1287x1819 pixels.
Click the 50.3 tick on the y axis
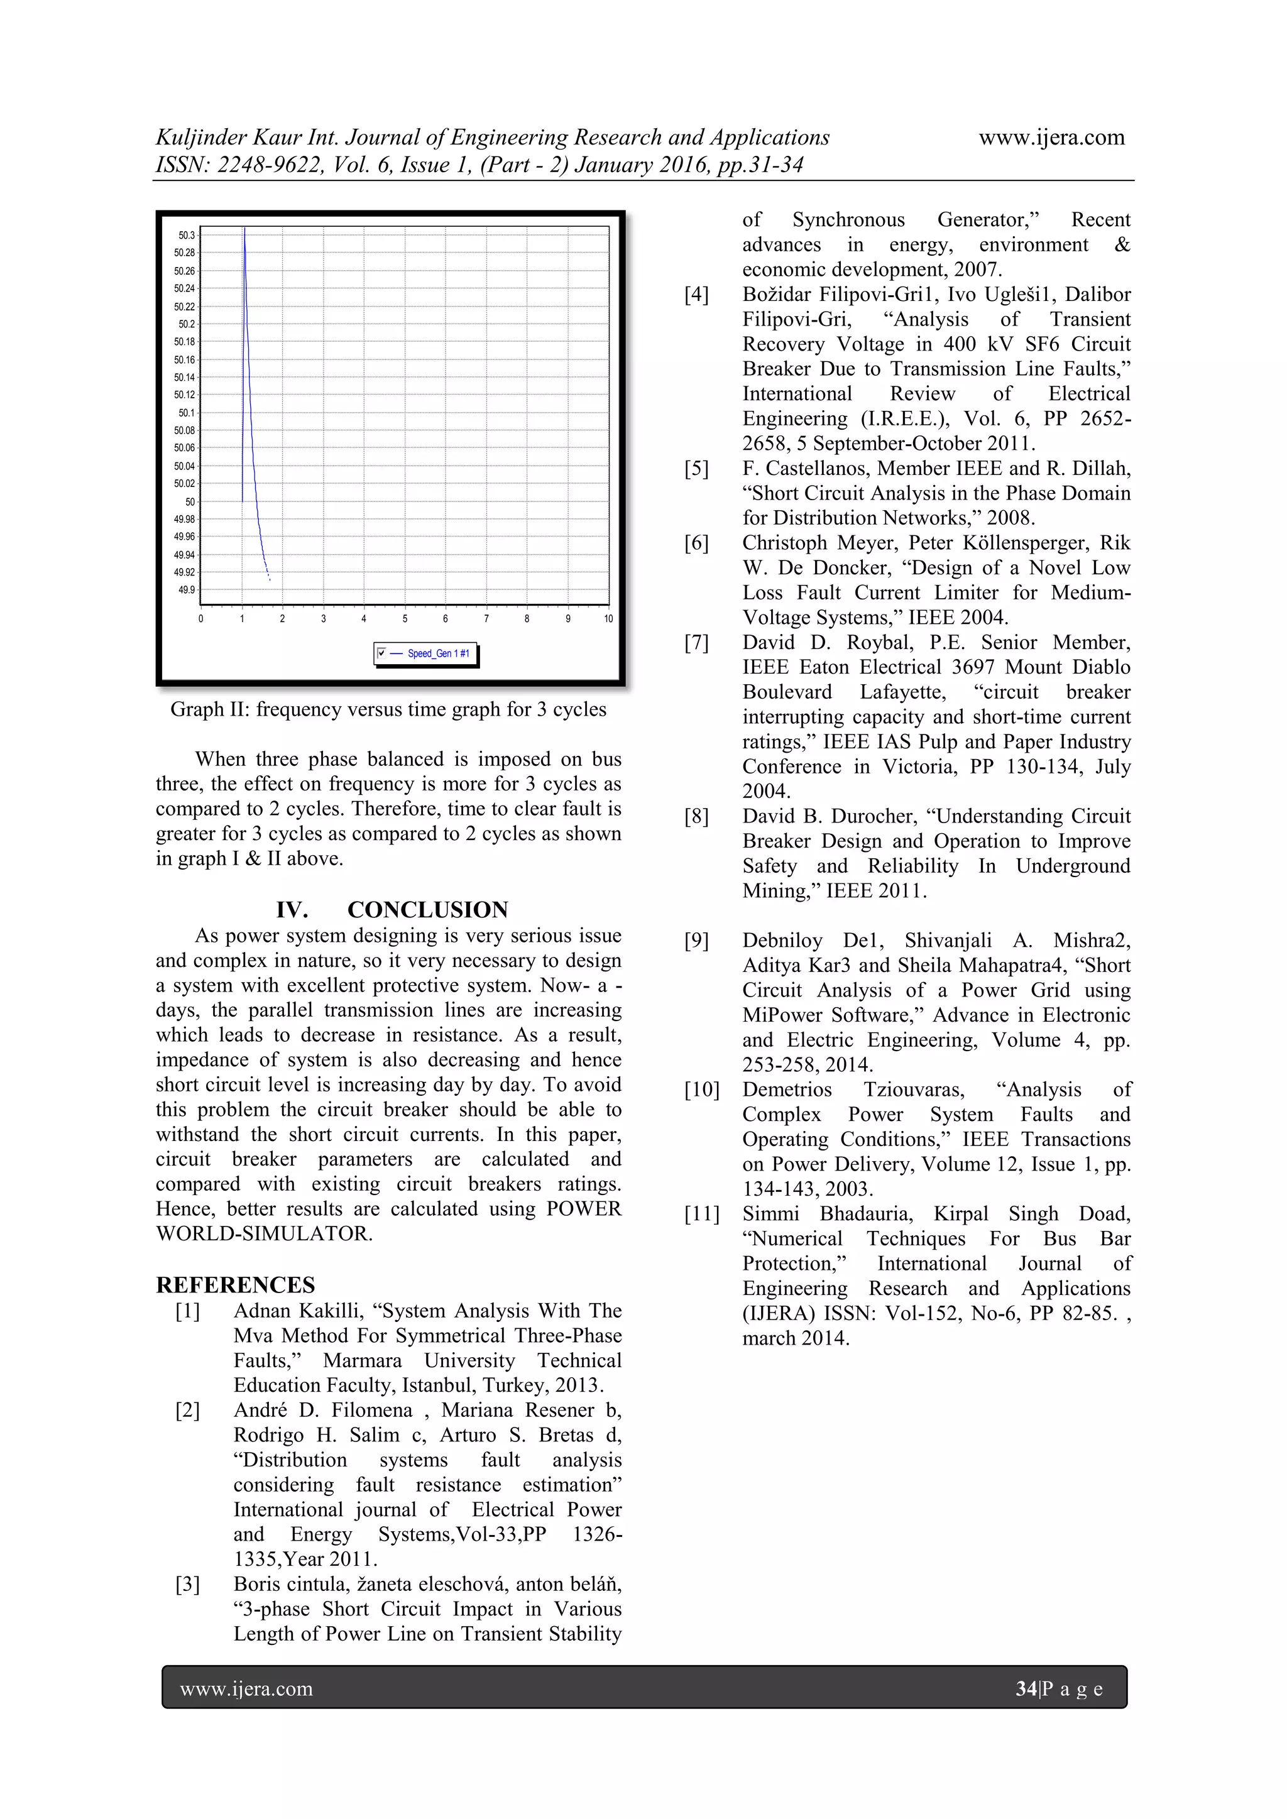coord(186,235)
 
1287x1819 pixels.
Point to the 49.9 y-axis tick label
coord(186,590)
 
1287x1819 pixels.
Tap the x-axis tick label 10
coord(608,619)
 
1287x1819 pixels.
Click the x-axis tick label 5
coord(404,619)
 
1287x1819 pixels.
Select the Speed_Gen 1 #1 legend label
coord(438,653)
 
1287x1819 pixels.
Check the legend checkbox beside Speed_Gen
coord(382,653)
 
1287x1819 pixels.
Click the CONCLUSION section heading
coord(427,910)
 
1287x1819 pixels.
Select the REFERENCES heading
coord(236,1285)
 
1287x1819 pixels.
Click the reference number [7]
coord(696,643)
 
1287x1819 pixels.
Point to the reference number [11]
coord(701,1214)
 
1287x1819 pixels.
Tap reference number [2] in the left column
coord(188,1410)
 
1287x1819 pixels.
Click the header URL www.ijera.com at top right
coord(1051,138)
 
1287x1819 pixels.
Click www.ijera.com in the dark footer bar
coord(246,1689)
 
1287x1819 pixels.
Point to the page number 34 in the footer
coord(1026,1689)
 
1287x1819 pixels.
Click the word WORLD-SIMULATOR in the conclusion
coord(264,1234)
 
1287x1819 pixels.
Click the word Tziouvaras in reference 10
coord(914,1090)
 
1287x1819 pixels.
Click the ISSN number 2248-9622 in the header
coord(270,165)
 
